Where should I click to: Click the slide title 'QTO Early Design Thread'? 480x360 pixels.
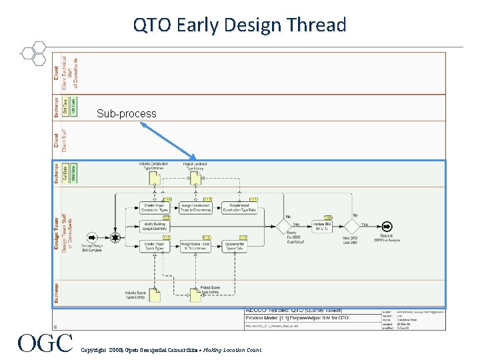239,25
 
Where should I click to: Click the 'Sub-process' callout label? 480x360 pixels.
126,113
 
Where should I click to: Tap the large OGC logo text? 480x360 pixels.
45,343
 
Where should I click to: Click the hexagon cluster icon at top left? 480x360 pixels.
33,53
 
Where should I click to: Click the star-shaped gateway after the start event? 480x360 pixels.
115,236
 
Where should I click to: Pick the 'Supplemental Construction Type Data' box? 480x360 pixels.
239,208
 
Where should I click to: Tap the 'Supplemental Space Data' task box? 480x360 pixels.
239,245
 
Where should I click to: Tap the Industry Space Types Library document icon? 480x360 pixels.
154,294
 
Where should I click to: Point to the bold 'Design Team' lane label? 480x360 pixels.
57,233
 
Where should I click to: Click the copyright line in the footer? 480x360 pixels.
171,349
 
